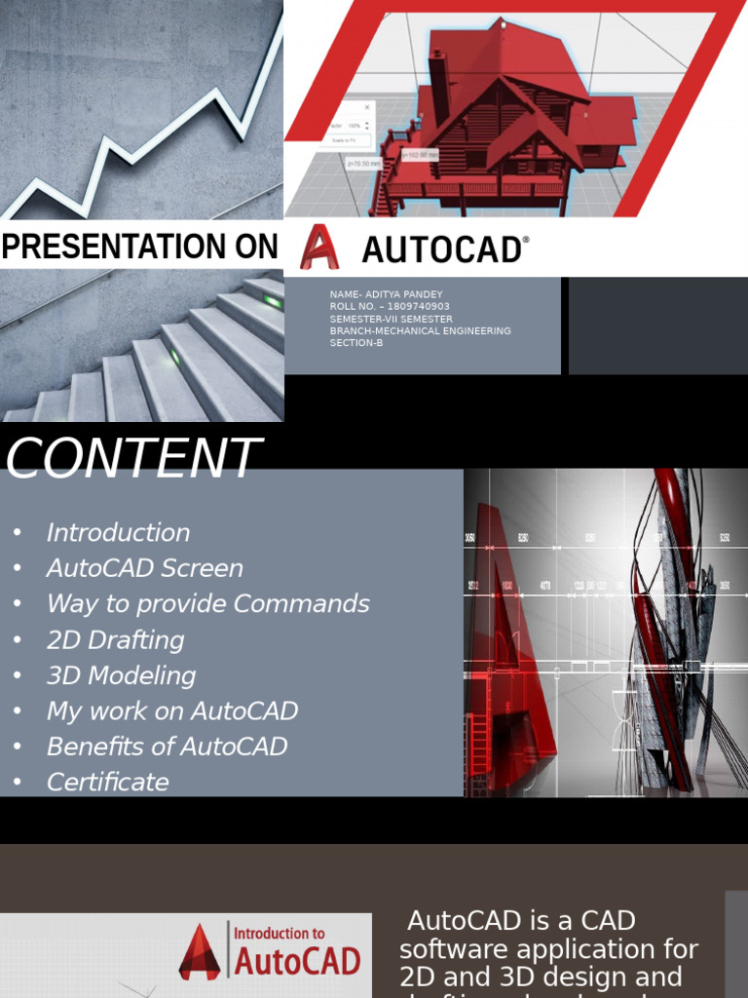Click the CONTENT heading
pos(133,458)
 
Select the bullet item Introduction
pos(118,533)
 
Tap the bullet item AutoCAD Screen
pos(144,568)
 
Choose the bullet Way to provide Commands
pos(207,604)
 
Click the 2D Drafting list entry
pos(115,640)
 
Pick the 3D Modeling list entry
pos(121,675)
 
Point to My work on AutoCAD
pos(171,711)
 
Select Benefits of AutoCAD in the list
pos(167,747)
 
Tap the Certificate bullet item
pos(107,783)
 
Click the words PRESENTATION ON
pos(139,248)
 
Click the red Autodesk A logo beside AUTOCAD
pos(318,247)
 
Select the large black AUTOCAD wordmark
pos(443,250)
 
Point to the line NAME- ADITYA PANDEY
pos(386,294)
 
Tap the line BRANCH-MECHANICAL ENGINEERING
pos(420,331)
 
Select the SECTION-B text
pos(356,343)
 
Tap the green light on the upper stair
pos(273,301)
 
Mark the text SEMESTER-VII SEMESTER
pos(391,319)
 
